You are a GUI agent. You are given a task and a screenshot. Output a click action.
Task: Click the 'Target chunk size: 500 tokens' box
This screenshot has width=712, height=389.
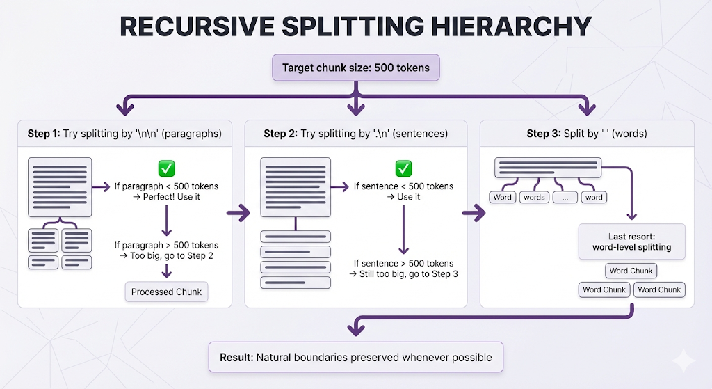tap(356, 68)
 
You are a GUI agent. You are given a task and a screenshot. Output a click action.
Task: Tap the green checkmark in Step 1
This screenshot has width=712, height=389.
tap(166, 168)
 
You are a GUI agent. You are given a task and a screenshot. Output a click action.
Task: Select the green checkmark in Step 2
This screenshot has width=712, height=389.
tap(403, 168)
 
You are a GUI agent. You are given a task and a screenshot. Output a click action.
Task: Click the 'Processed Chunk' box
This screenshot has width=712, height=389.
tap(166, 292)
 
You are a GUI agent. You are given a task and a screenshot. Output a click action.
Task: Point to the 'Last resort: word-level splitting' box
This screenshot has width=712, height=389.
tap(631, 241)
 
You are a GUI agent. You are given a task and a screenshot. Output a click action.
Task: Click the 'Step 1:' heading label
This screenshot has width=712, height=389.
tap(44, 133)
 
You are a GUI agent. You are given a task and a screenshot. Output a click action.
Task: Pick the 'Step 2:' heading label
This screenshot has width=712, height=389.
tap(280, 133)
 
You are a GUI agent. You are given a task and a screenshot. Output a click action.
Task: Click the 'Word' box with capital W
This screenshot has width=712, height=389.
tap(502, 197)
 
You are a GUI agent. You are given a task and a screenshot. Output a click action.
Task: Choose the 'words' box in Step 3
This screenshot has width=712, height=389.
tap(534, 197)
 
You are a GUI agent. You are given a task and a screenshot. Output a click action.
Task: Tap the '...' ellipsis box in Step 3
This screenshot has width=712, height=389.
tap(565, 197)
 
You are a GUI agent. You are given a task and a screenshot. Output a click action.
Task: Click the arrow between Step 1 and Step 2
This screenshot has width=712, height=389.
tap(238, 212)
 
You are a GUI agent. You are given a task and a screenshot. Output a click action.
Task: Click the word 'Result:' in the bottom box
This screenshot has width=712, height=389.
tap(236, 357)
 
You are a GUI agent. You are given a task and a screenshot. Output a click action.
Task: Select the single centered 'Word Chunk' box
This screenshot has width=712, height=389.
tap(631, 271)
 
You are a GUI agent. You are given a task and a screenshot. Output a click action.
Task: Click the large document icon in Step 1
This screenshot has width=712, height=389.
tap(59, 186)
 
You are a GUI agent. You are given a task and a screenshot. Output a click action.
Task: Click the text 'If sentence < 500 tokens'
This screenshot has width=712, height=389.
tap(403, 186)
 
